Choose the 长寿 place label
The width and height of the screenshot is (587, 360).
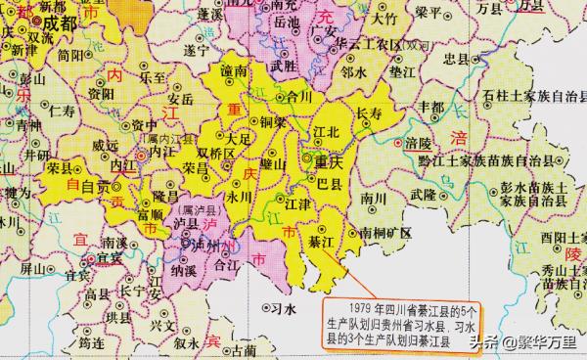click(x=369, y=113)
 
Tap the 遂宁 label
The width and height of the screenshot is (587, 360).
click(x=200, y=49)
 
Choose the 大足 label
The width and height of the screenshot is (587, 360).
click(x=239, y=140)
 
